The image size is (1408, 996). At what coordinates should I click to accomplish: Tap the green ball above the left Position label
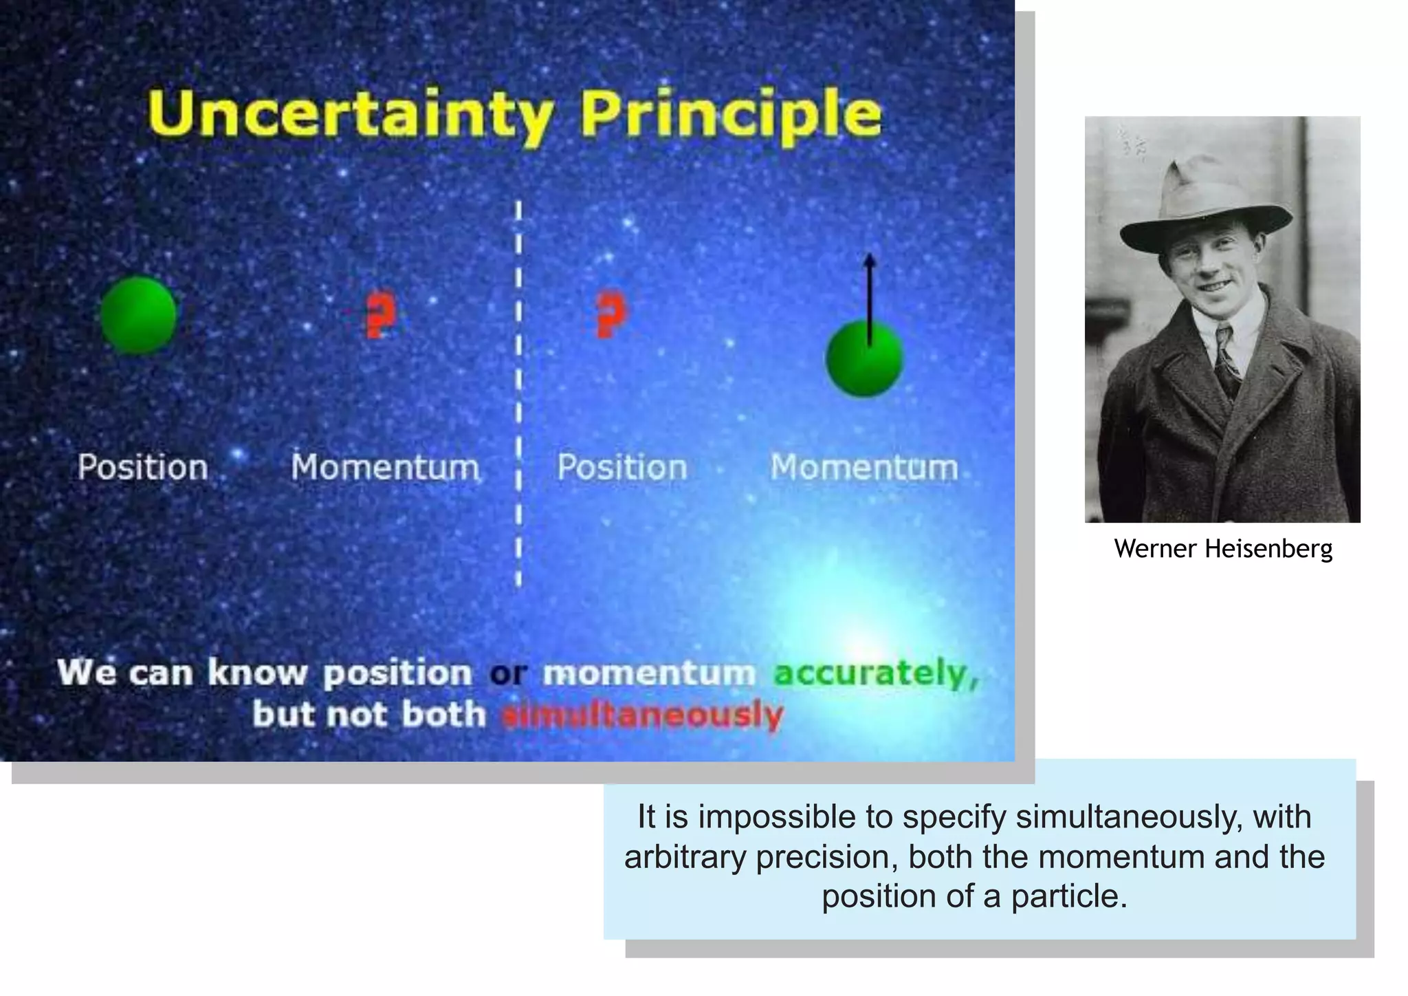coord(139,315)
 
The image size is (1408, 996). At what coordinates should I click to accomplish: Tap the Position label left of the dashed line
coord(142,468)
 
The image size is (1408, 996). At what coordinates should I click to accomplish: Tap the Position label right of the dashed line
coord(621,468)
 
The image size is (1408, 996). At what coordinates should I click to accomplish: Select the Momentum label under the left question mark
coord(385,468)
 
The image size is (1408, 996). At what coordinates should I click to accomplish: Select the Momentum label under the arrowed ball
coord(863,468)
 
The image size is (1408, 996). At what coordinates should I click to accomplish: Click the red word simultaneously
coord(642,715)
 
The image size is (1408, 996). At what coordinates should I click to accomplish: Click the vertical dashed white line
coord(518,392)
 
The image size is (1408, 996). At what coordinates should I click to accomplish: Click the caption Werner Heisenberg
coord(1223,549)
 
